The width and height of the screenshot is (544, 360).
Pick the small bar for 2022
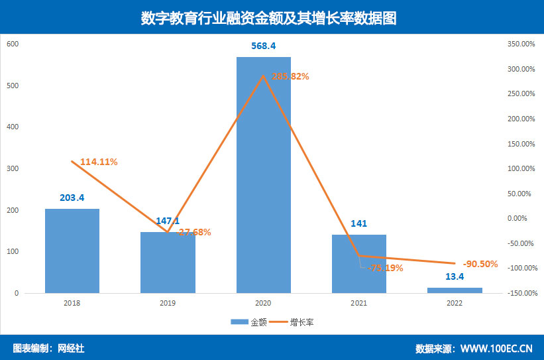pos(455,290)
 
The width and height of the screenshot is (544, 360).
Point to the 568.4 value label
pos(264,46)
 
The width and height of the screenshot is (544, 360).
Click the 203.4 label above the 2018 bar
pos(72,198)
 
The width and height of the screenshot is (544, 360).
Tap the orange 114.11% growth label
pos(99,162)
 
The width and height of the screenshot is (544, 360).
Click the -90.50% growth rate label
pos(479,264)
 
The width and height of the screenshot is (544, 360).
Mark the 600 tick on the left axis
pos(13,44)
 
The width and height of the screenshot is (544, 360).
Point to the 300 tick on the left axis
pos(13,169)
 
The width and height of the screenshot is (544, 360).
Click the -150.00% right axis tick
pos(519,293)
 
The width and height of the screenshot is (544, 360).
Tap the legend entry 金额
pos(250,322)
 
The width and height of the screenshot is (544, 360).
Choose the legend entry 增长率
pos(301,322)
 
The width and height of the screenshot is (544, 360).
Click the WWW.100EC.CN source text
pos(496,348)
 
